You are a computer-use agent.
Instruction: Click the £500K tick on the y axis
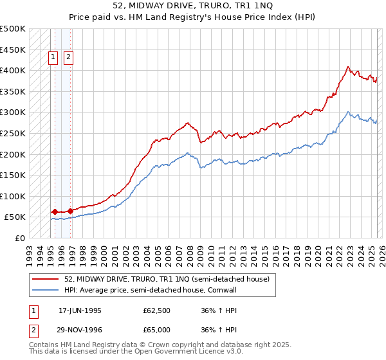coord(13,29)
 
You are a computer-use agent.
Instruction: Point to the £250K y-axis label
coord(13,133)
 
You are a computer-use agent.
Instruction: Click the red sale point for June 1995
coord(55,212)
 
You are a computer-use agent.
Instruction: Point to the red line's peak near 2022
coord(348,66)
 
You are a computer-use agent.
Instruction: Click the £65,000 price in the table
coord(157,328)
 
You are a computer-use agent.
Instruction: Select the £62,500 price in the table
coord(157,310)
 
